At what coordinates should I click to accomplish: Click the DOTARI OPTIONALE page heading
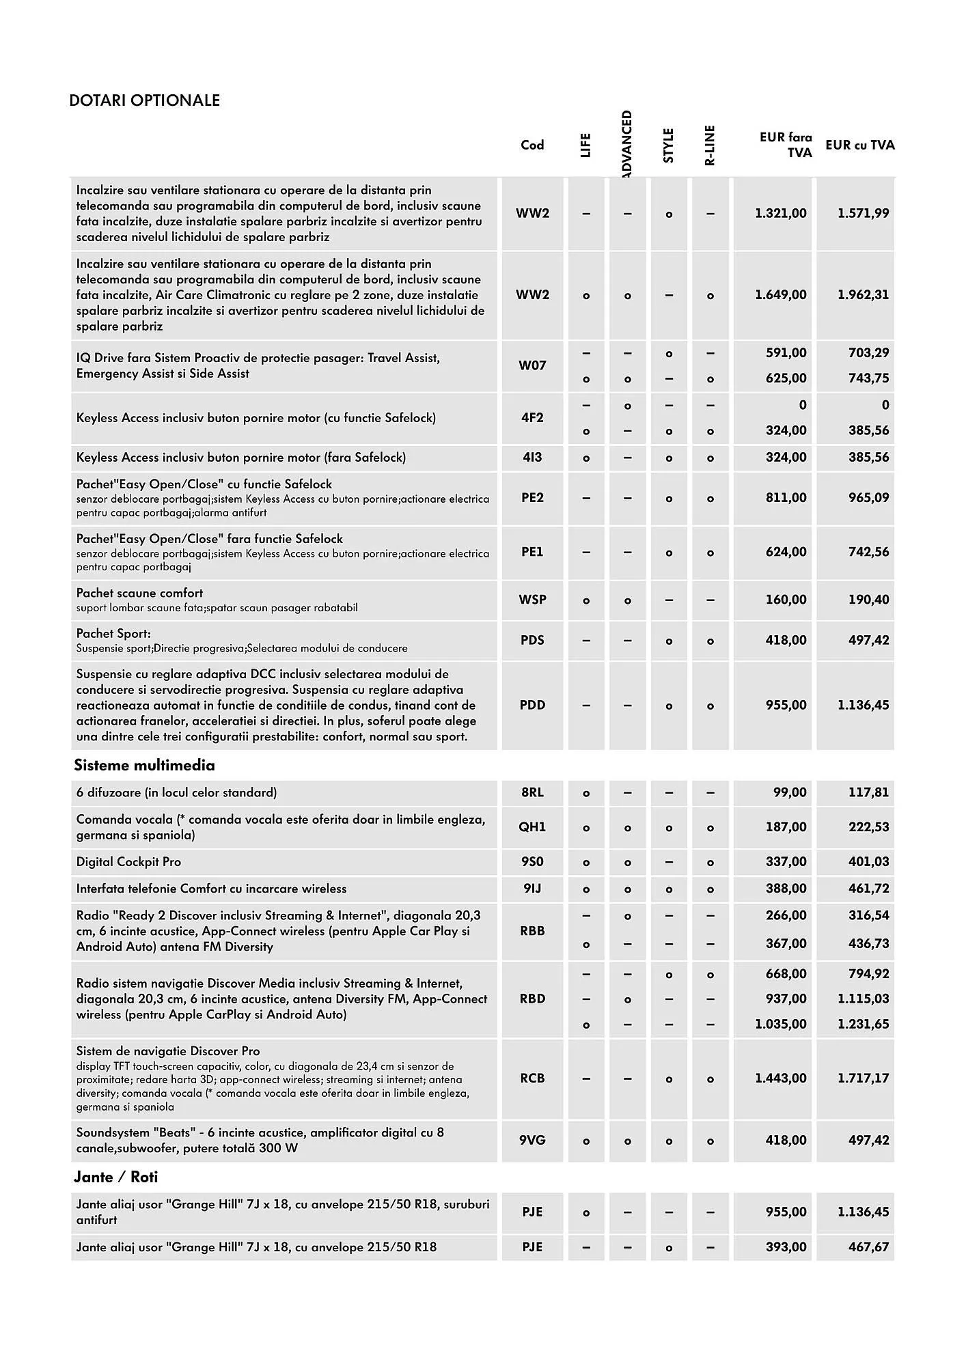click(x=145, y=100)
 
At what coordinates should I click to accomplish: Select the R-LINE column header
click(x=710, y=145)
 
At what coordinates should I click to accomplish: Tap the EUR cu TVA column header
click(x=859, y=145)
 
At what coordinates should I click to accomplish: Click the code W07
click(x=532, y=365)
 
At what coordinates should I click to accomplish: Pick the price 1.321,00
click(x=780, y=214)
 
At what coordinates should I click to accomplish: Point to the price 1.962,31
click(x=863, y=295)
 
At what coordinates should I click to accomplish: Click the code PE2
click(x=532, y=498)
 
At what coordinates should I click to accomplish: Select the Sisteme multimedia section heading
click(x=144, y=766)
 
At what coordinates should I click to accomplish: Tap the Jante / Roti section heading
click(x=115, y=1177)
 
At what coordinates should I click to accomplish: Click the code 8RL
click(x=532, y=793)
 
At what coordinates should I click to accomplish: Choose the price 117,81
click(x=868, y=793)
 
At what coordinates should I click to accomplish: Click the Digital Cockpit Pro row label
click(x=128, y=862)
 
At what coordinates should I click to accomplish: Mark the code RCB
click(x=532, y=1078)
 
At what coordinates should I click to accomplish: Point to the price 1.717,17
click(x=863, y=1078)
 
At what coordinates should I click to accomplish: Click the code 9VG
click(x=532, y=1140)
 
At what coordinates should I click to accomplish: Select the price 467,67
click(x=868, y=1247)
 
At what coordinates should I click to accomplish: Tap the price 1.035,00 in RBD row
click(x=780, y=1024)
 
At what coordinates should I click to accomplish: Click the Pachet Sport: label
click(x=113, y=634)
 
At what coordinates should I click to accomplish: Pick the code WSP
click(x=532, y=600)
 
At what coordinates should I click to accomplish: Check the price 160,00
click(x=786, y=600)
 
